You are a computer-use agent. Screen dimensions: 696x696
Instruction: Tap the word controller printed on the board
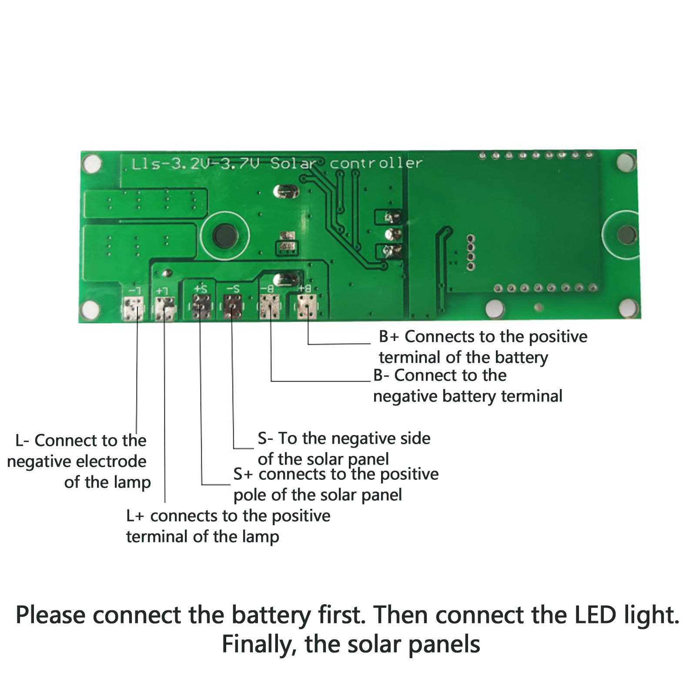(x=376, y=164)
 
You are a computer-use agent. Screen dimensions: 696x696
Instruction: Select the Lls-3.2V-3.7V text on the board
(x=195, y=164)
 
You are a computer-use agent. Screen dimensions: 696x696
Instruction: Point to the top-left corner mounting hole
(x=92, y=164)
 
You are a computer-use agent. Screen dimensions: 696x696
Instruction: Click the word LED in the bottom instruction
(x=596, y=615)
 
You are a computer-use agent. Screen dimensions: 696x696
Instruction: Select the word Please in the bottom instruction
(x=50, y=615)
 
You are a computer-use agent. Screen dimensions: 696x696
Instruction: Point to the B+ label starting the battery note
(x=388, y=337)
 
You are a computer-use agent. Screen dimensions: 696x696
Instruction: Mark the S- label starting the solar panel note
(x=265, y=438)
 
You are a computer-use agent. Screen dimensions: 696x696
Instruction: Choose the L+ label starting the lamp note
(x=135, y=516)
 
